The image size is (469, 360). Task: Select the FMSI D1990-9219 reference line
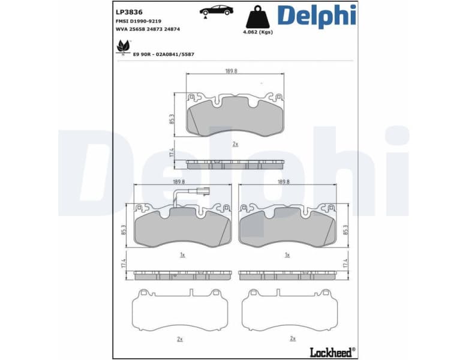[139, 20]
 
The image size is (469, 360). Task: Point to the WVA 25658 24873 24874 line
[147, 29]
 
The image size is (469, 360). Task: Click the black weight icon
[258, 17]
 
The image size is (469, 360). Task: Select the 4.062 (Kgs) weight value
[258, 32]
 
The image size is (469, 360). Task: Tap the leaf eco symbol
[123, 47]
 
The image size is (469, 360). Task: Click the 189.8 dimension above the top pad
[231, 71]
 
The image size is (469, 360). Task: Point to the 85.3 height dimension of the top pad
[173, 119]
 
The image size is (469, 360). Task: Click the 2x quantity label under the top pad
[235, 144]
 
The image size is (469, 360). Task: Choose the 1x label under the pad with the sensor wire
[182, 255]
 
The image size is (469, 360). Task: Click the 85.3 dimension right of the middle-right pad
[345, 230]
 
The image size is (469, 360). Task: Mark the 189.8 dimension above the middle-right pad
[284, 182]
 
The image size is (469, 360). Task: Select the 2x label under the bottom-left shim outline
[180, 338]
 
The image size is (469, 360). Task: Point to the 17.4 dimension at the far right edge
[345, 263]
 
